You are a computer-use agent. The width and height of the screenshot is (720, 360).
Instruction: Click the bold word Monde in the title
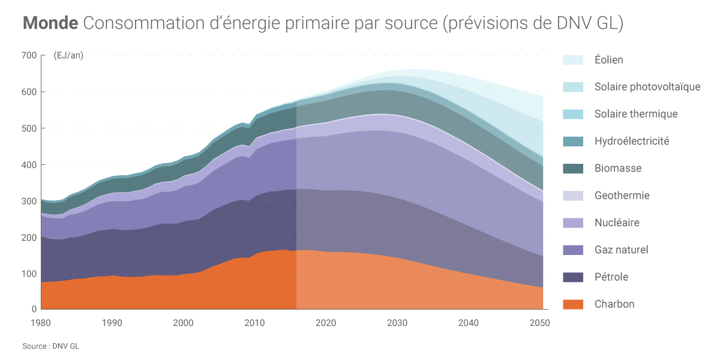50,23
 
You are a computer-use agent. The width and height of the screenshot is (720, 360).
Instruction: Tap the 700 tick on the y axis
29,56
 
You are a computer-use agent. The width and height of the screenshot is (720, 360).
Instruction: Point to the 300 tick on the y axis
29,201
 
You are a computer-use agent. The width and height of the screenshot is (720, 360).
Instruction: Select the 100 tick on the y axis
29,274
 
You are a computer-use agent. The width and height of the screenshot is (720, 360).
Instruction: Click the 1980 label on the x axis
41,323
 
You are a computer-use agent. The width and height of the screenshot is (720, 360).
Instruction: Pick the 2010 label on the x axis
255,323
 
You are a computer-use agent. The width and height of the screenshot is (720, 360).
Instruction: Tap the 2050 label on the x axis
540,323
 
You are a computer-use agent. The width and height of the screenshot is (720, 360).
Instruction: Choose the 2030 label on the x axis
398,323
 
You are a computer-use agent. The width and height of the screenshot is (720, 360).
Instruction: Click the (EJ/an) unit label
68,56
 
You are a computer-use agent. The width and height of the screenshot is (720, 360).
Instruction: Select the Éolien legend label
608,60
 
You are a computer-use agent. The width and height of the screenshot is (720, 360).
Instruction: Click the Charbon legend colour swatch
573,304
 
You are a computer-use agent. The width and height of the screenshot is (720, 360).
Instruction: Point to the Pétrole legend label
611,277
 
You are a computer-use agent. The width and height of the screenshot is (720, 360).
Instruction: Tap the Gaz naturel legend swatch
573,250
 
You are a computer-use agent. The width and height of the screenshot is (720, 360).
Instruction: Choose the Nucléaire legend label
617,223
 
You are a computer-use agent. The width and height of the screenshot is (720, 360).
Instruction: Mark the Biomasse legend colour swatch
573,169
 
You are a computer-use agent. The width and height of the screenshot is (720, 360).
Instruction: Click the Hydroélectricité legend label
632,142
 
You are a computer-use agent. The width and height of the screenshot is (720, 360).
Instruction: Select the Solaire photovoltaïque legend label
647,87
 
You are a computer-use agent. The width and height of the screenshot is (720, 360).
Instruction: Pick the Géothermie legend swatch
573,196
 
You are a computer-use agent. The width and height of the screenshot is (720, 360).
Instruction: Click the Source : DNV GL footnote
50,346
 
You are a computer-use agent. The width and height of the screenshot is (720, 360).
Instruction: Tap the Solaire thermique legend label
636,114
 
